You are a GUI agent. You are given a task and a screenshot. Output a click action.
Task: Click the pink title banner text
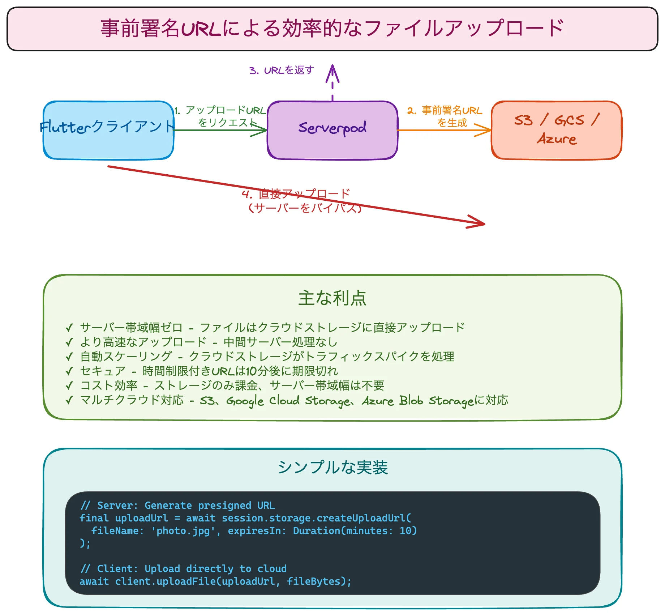point(332,29)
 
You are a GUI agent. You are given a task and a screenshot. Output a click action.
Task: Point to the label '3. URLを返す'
point(282,70)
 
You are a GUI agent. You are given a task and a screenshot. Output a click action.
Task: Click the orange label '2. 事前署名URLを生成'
point(445,116)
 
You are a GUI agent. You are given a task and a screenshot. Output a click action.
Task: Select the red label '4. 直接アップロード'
point(296,194)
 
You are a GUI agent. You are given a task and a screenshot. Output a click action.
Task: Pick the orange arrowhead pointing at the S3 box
point(486,130)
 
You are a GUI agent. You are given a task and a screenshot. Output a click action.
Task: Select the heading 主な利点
point(332,298)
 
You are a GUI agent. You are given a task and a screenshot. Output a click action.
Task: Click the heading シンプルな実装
point(332,467)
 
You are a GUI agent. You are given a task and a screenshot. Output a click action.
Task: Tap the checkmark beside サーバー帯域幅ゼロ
point(69,328)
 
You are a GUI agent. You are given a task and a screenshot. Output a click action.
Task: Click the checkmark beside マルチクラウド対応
point(69,400)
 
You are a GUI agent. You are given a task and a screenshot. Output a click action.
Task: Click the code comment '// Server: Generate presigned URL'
point(177,505)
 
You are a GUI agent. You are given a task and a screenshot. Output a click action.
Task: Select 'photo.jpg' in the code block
point(183,530)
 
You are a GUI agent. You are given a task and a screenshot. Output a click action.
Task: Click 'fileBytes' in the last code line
point(314,581)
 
